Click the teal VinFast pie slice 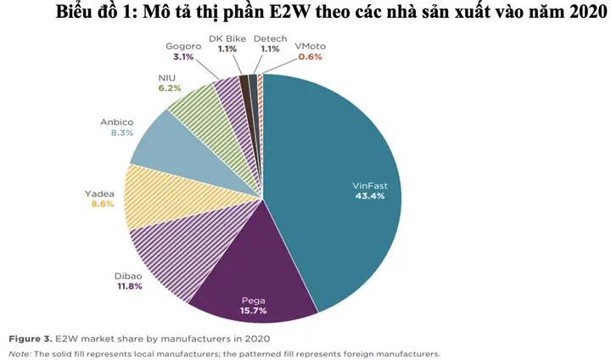(339, 170)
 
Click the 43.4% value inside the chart (369, 196)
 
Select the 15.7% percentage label (254, 312)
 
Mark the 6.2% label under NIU (170, 87)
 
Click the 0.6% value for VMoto (310, 58)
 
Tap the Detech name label (270, 39)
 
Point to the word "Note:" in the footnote (20, 352)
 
